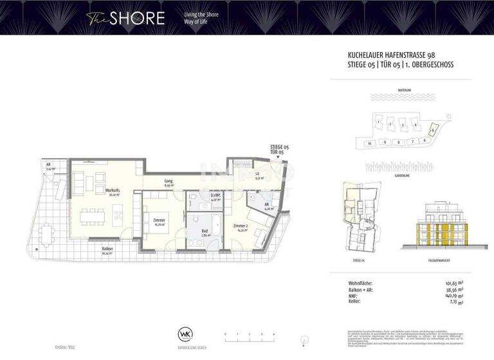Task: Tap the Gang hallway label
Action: pos(169,183)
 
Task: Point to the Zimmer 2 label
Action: pos(241,227)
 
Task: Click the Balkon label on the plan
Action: pos(107,250)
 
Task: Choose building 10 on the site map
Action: pos(369,143)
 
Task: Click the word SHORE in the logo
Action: pos(136,18)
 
